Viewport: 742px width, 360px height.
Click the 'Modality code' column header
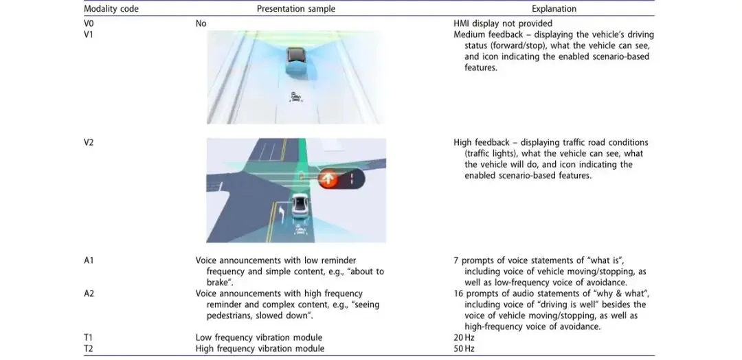pyautogui.click(x=111, y=9)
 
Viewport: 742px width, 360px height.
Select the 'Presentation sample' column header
pyautogui.click(x=296, y=9)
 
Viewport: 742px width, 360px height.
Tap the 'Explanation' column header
pyautogui.click(x=554, y=9)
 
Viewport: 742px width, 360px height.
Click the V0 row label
pyautogui.click(x=89, y=23)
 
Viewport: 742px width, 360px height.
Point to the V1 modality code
pyautogui.click(x=89, y=34)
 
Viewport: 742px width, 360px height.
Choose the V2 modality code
pyautogui.click(x=89, y=142)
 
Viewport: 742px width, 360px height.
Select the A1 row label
pyautogui.click(x=89, y=260)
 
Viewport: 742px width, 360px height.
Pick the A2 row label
pyautogui.click(x=89, y=293)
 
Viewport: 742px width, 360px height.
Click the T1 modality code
pyautogui.click(x=89, y=337)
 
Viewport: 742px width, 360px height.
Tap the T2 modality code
pyautogui.click(x=89, y=348)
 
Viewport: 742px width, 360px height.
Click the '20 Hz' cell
pyautogui.click(x=464, y=337)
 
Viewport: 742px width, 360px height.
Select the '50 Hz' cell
pyautogui.click(x=464, y=348)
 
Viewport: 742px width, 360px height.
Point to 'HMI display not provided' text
pyautogui.click(x=502, y=23)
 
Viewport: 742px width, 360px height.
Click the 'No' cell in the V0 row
pyautogui.click(x=201, y=23)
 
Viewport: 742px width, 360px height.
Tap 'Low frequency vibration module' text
pyautogui.click(x=259, y=337)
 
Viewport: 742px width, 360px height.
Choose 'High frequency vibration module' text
pyautogui.click(x=260, y=348)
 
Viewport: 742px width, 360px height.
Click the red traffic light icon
pyautogui.click(x=329, y=179)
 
